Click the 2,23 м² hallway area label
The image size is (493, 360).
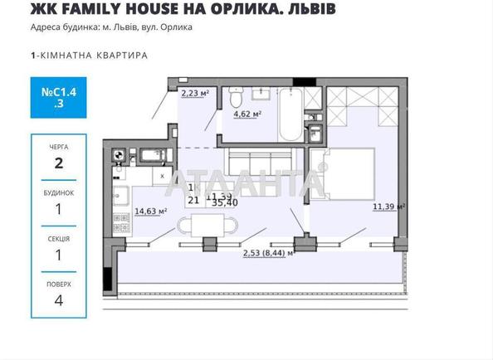coord(193,94)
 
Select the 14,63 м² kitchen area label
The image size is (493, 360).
coord(150,211)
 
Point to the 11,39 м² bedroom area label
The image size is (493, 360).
coord(388,207)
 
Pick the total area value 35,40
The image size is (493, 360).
coord(225,202)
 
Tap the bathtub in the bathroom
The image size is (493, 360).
coord(287,116)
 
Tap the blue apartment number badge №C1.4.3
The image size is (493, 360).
coord(58,97)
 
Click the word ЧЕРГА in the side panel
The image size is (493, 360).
coord(58,146)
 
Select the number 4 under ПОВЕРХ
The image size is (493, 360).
coord(58,301)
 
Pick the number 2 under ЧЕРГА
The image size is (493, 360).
coord(58,163)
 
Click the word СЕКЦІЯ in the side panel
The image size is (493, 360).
coord(58,239)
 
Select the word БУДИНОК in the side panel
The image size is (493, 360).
coord(58,192)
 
